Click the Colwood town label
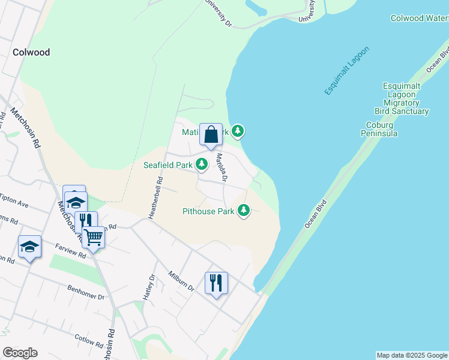coord(31,52)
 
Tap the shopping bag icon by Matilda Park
coord(211,134)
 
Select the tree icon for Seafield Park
coord(202,164)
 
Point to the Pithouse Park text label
coord(208,211)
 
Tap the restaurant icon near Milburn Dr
coord(216,282)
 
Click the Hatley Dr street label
coord(149,286)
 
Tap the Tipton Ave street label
coord(14,201)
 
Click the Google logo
coord(20,353)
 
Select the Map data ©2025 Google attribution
coord(411,355)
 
